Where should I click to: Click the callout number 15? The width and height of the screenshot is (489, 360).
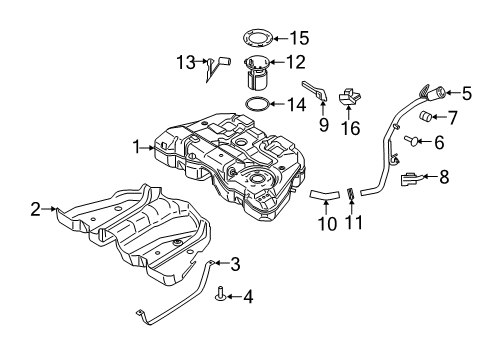click(x=299, y=38)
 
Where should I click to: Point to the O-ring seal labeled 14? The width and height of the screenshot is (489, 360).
click(x=258, y=104)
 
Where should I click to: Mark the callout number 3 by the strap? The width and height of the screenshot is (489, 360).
click(x=235, y=265)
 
